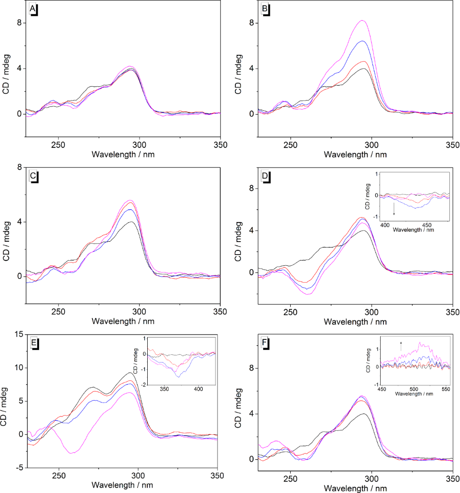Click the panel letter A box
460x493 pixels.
33,9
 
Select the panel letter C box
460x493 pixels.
33,175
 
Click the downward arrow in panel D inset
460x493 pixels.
395,208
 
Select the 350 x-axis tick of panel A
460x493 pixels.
220,144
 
